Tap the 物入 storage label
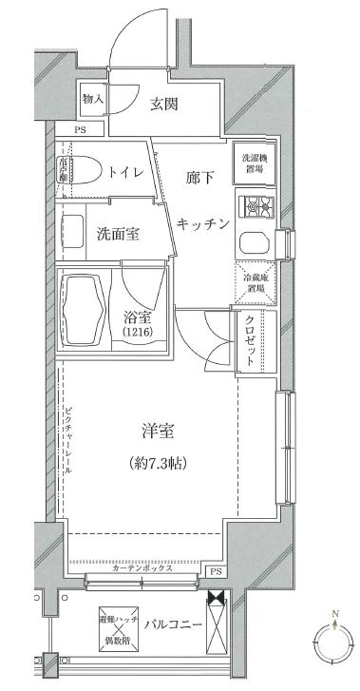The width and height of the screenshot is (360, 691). click(92, 98)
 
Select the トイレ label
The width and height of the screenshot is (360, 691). click(126, 172)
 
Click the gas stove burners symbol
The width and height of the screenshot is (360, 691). click(254, 204)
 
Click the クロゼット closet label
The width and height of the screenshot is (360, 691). click(251, 340)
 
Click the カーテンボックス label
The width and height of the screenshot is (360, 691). click(142, 568)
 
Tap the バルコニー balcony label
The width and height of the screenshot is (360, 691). click(176, 624)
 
